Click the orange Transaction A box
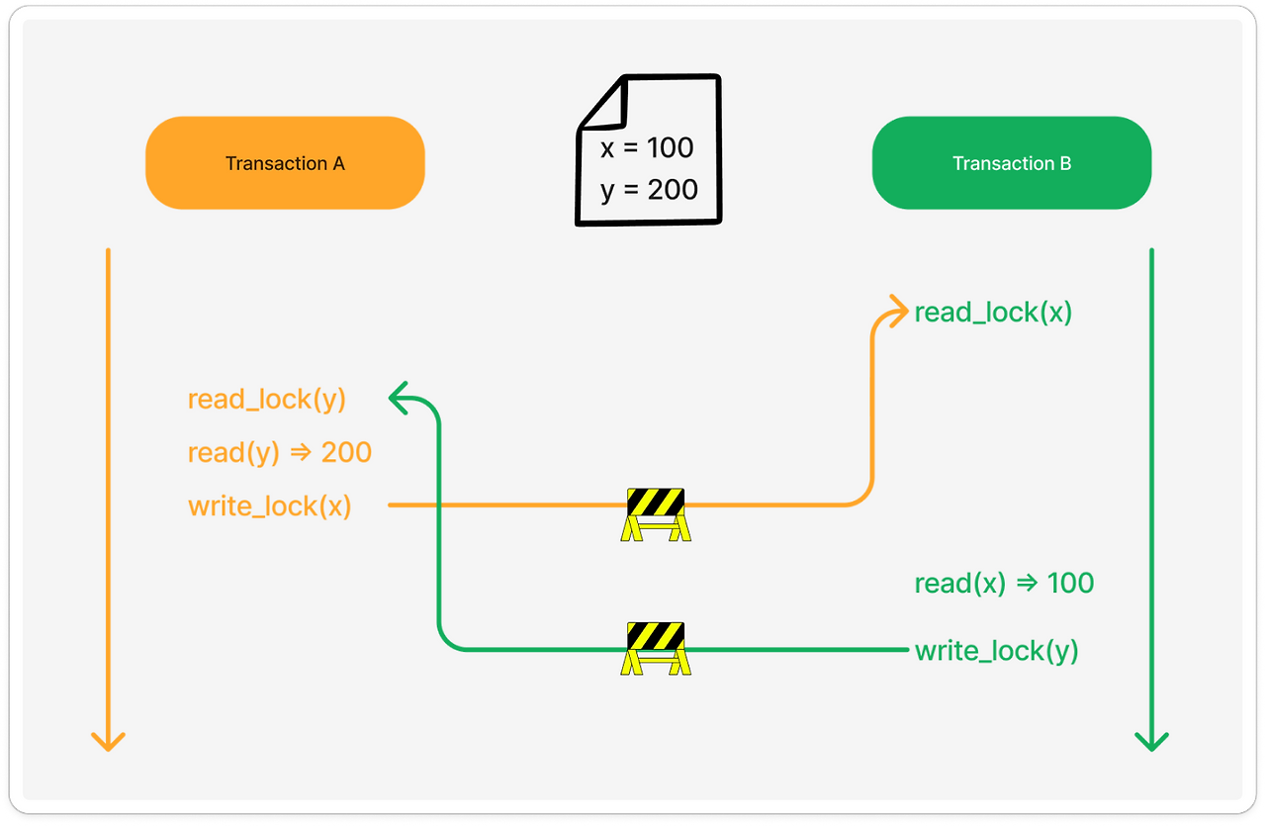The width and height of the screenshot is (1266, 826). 285,163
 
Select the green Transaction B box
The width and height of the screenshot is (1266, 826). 1011,163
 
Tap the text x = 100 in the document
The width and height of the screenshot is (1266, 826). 647,148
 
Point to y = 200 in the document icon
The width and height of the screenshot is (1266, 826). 649,189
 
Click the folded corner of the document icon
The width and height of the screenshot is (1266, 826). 601,104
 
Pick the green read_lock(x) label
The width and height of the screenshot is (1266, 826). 993,313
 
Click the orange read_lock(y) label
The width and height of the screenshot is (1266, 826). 267,400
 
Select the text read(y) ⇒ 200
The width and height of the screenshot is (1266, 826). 280,453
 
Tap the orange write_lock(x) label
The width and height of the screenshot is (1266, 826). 270,506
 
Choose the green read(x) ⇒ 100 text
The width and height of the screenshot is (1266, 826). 1004,583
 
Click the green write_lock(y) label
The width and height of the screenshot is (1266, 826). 996,651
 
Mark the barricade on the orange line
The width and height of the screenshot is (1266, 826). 655,513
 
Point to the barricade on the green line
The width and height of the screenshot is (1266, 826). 655,648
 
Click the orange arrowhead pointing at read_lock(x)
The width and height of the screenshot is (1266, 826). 898,311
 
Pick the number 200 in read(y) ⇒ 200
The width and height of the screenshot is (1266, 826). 346,453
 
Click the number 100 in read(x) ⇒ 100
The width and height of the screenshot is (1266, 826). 1070,583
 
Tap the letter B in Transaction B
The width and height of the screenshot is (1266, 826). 1065,163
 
